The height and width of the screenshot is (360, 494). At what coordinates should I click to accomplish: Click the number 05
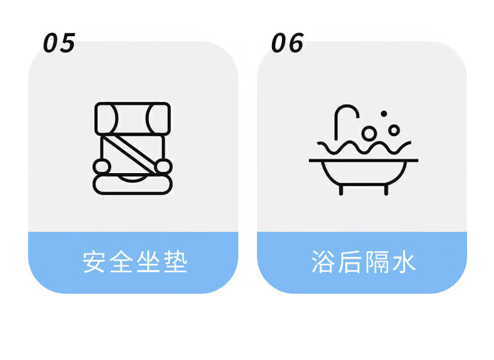coord(59,43)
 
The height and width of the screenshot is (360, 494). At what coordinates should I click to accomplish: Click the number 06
coord(287,43)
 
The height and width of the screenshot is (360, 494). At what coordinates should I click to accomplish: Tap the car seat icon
coord(132,147)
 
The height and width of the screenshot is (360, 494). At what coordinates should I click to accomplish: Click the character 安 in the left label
coord(94,262)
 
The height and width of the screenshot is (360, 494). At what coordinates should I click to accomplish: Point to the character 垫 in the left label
coord(175,262)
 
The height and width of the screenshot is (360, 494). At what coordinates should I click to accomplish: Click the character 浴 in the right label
coord(323,262)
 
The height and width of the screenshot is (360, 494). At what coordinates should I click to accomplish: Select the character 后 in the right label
coord(349,262)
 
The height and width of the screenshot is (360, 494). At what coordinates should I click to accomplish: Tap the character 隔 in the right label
coord(376,262)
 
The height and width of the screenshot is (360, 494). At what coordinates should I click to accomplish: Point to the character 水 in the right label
coord(403,262)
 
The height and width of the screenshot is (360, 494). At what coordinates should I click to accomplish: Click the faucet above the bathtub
coord(343,118)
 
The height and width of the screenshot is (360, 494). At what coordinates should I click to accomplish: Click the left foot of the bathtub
coord(341,190)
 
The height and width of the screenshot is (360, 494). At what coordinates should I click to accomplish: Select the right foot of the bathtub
coord(385,190)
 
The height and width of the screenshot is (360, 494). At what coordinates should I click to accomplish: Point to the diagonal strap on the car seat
coord(132,151)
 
